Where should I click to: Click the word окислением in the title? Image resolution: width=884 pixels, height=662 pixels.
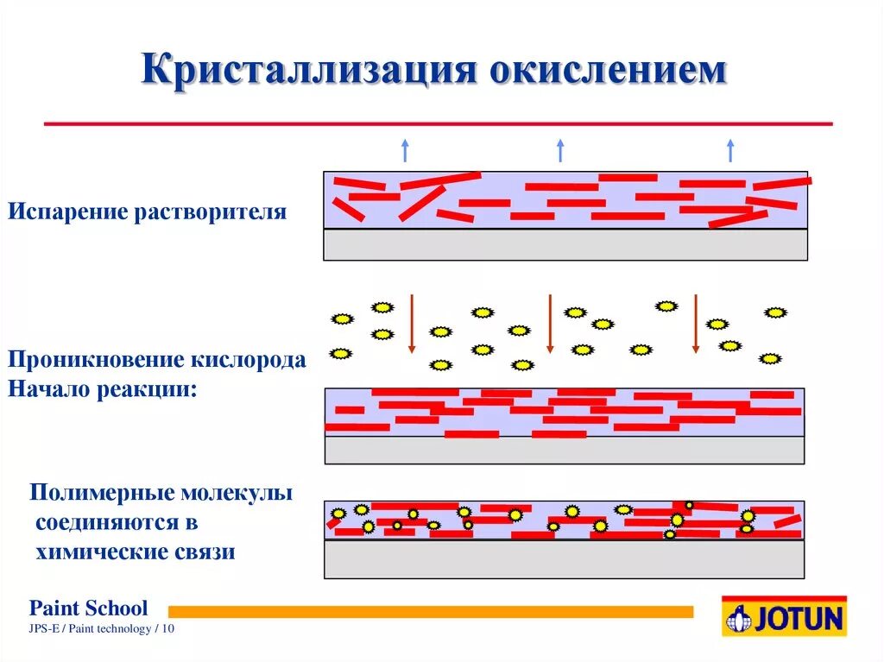tap(609, 70)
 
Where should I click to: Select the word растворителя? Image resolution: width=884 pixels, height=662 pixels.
tap(209, 211)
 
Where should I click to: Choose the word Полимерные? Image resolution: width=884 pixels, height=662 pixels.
tap(99, 494)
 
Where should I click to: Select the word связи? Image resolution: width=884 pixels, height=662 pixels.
tap(205, 552)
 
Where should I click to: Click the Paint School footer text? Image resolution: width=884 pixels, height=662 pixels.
tap(89, 608)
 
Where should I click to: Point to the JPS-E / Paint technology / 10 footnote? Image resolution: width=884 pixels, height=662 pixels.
tap(102, 629)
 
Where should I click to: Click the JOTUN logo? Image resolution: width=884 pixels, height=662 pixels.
tap(785, 616)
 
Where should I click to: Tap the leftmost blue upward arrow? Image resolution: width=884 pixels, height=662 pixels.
tap(404, 150)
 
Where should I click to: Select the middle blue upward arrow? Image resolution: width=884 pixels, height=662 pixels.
tap(560, 150)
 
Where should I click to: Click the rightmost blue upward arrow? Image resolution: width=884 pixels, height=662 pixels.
tap(730, 150)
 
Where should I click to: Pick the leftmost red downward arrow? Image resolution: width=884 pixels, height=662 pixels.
tap(412, 323)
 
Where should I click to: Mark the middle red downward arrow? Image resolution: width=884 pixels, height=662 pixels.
tap(550, 323)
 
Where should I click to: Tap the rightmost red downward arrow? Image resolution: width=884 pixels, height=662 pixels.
tap(696, 323)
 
